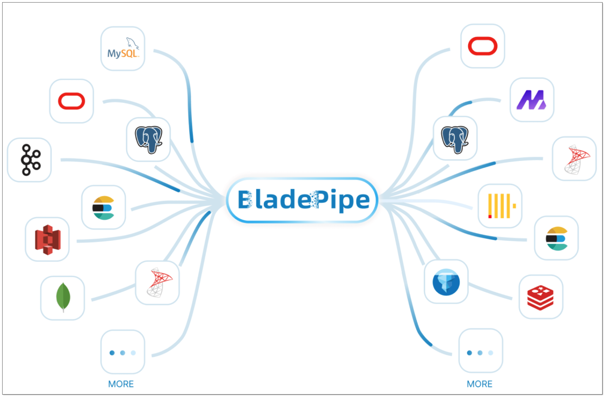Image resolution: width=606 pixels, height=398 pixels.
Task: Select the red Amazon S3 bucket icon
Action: click(48, 239)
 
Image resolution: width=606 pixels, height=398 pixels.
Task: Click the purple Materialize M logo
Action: click(531, 100)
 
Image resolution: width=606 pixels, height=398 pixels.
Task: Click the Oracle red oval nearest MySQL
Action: click(72, 101)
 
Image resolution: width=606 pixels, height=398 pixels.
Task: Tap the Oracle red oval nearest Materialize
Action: click(483, 46)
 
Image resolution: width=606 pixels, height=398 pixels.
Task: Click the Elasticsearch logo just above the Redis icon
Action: click(556, 238)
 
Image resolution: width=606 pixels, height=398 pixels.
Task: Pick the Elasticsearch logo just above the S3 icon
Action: click(103, 208)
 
